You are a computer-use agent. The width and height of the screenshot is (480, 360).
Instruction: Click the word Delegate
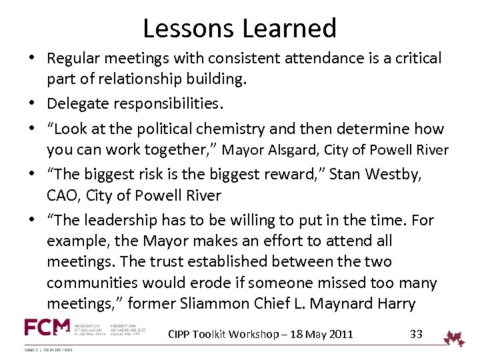pos(74,103)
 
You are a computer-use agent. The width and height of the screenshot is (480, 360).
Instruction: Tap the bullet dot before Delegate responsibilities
pos(32,104)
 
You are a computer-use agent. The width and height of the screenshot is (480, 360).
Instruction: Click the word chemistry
pos(247,127)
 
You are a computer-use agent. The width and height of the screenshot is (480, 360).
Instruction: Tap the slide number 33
pos(416,333)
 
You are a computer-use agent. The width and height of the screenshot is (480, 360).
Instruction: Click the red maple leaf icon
pos(455,338)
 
